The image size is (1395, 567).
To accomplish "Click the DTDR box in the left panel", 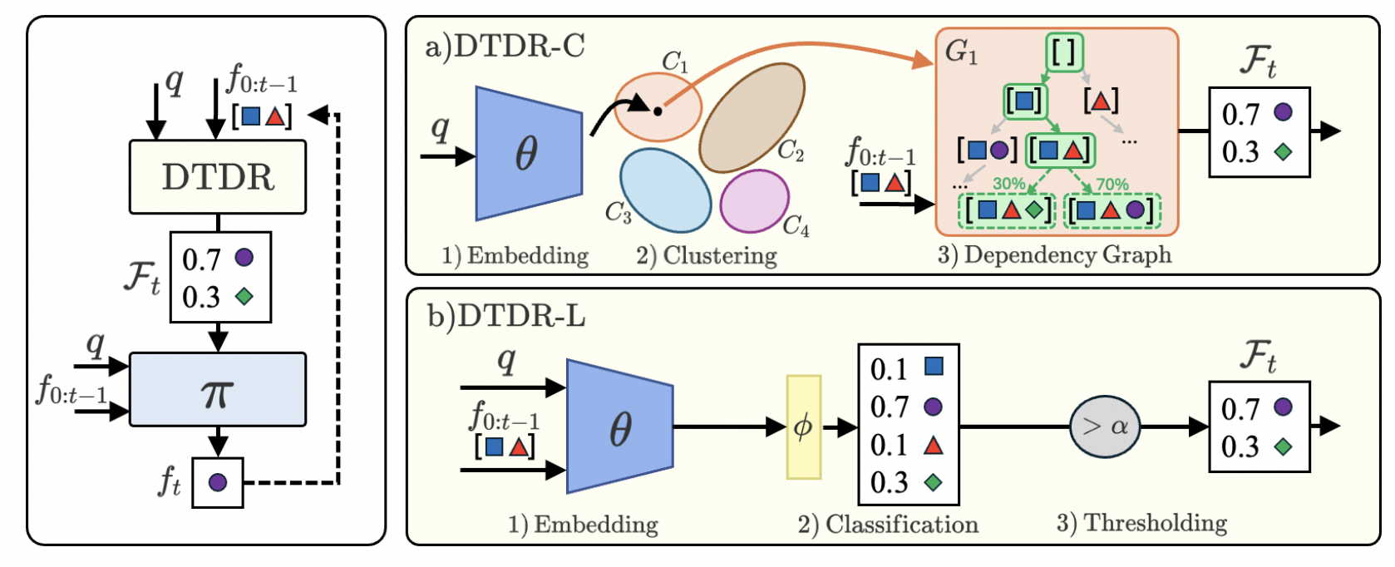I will tap(218, 177).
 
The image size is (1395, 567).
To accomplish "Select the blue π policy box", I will tap(218, 389).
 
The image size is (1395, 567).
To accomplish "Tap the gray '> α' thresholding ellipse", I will tap(1105, 426).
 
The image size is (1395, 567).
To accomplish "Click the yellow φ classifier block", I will tap(804, 427).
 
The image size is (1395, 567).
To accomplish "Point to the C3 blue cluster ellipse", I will tap(665, 190).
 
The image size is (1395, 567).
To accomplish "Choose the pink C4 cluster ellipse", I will tap(754, 200).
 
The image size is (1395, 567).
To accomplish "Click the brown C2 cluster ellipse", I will tap(752, 117).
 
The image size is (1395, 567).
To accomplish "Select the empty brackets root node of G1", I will tap(1064, 52).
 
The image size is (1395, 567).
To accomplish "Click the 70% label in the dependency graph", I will tap(1112, 184).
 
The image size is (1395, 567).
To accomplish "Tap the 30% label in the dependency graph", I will tap(1008, 184).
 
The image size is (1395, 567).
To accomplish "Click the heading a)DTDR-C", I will tap(505, 47).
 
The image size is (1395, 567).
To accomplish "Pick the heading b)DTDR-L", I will tap(506, 316).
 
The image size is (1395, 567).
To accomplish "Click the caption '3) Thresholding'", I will tap(1141, 523).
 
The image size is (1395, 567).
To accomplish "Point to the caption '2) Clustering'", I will tap(707, 255).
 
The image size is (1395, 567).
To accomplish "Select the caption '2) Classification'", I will tap(888, 525).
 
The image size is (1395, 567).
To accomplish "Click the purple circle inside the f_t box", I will tap(218, 482).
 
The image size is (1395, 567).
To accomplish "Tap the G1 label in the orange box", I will tap(961, 53).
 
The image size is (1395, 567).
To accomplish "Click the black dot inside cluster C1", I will tap(658, 111).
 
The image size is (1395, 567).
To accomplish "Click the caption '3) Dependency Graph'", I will tap(1054, 255).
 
